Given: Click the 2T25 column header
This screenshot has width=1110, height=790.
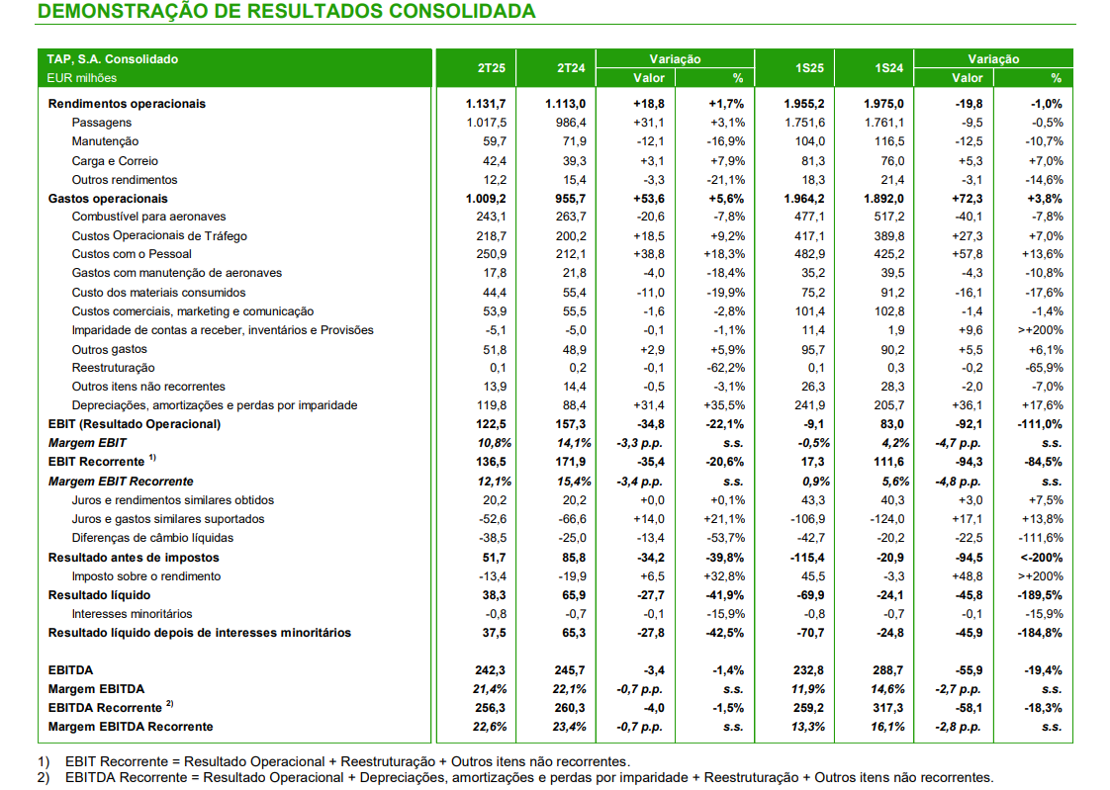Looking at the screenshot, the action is [x=492, y=68].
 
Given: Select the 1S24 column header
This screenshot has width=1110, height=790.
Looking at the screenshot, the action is [x=888, y=68].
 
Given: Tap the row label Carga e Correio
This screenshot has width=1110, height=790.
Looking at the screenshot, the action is [x=115, y=161].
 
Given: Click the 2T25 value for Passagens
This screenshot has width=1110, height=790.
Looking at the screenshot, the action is [x=487, y=123].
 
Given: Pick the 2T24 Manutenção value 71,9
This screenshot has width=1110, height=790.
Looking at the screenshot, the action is [x=574, y=141].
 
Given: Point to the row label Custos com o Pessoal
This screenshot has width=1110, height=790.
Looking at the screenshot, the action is [x=132, y=254].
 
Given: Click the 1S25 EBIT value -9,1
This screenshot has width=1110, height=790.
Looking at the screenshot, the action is [x=814, y=424].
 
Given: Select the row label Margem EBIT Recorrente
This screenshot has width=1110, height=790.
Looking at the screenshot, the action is [x=121, y=482].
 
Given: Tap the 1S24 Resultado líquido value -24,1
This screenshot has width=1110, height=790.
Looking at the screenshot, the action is [x=891, y=595].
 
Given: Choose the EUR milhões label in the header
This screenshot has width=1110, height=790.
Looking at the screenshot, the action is [x=81, y=78].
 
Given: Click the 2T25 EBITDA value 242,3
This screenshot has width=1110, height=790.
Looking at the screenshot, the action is [x=491, y=670].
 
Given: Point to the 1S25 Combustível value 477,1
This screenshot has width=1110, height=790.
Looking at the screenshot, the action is [x=810, y=217].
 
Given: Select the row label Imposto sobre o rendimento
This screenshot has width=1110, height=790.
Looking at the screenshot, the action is [x=145, y=576].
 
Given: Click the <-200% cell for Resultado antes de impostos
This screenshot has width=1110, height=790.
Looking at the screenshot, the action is [x=1042, y=558].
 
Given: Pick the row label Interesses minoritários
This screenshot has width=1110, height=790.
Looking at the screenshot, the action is [x=132, y=614].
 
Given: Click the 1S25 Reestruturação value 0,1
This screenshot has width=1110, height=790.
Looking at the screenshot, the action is [x=816, y=368].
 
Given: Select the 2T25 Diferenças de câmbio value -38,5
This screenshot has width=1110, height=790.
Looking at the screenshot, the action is [x=493, y=538].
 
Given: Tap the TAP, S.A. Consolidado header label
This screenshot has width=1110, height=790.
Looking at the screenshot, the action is [x=113, y=59].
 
